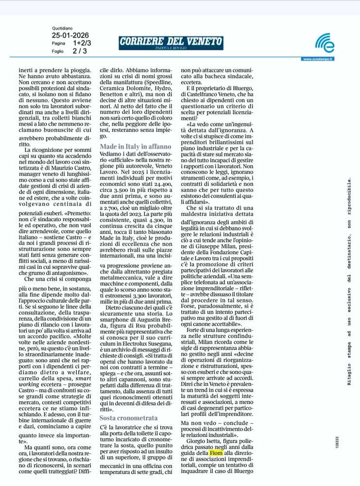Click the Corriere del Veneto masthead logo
pos(171,43)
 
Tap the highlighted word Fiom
pos(216,452)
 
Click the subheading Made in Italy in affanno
pos(135,146)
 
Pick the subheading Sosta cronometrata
pos(128,417)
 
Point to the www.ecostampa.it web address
pos(318,59)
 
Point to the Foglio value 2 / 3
pos(80,51)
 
